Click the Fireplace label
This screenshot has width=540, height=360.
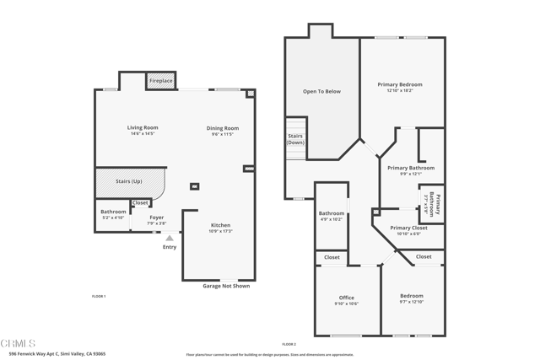[161, 81]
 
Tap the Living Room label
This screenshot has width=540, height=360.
[143, 127]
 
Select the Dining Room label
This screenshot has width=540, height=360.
[223, 128]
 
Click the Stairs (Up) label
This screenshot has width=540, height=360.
[128, 180]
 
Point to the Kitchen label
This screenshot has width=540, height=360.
[219, 225]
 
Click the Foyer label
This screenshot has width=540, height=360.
[157, 217]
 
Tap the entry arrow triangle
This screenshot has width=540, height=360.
[170, 239]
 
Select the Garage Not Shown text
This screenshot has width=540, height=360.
[226, 286]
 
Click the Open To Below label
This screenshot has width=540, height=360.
[321, 91]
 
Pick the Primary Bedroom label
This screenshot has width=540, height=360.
[400, 84]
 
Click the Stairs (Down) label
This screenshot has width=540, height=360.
[295, 139]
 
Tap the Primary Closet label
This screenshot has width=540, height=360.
[408, 228]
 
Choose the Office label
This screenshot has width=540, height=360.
[347, 298]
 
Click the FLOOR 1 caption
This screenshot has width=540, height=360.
[99, 297]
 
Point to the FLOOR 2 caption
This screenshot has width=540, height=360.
[289, 344]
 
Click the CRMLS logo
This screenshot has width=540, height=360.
[19, 344]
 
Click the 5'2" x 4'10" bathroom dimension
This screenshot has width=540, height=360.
[113, 218]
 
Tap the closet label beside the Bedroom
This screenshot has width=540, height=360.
[424, 257]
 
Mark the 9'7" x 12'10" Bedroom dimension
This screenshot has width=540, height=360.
[412, 302]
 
